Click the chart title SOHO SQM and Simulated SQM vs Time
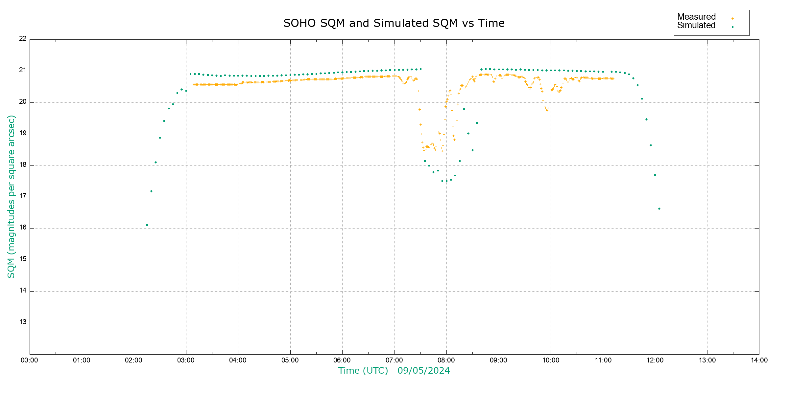[x=394, y=23]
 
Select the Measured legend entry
[x=696, y=17]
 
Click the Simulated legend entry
[x=696, y=26]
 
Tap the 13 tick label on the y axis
[x=23, y=322]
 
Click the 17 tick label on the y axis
[x=23, y=196]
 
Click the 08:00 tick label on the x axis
[x=446, y=360]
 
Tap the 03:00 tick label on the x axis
[x=186, y=360]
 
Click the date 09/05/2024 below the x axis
[x=423, y=371]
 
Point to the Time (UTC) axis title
[x=363, y=371]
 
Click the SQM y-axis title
[x=11, y=196]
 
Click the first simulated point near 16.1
[x=147, y=225]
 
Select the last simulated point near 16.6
[x=659, y=208]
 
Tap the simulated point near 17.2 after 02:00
[x=151, y=191]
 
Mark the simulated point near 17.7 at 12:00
[x=655, y=175]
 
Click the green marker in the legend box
[x=732, y=27]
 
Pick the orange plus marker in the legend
[x=732, y=18]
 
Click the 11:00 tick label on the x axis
[x=603, y=360]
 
